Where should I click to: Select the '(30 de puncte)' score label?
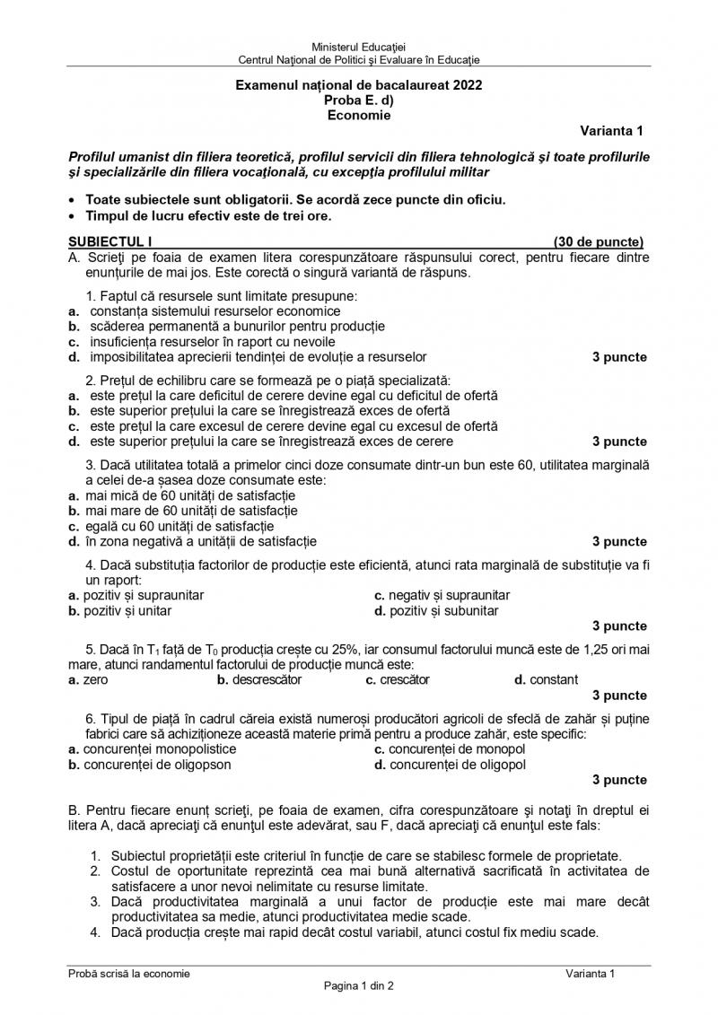(599, 241)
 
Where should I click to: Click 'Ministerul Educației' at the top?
(358, 46)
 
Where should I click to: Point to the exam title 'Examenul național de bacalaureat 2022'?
(358, 85)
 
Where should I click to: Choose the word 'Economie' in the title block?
(359, 114)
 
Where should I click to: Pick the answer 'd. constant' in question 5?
(547, 679)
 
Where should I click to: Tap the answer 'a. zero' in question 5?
(88, 679)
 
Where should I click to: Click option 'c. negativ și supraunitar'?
(442, 595)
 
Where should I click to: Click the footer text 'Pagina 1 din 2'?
(359, 985)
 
